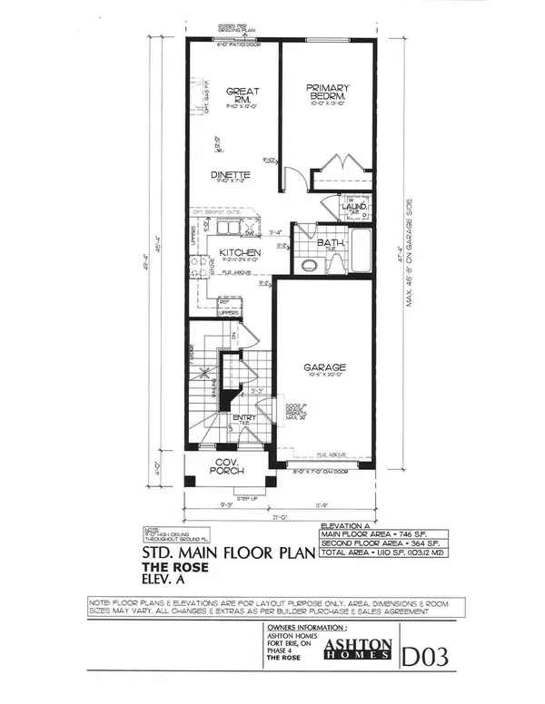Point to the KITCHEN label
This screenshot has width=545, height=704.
[241, 253]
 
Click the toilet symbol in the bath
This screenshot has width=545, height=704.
[310, 264]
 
